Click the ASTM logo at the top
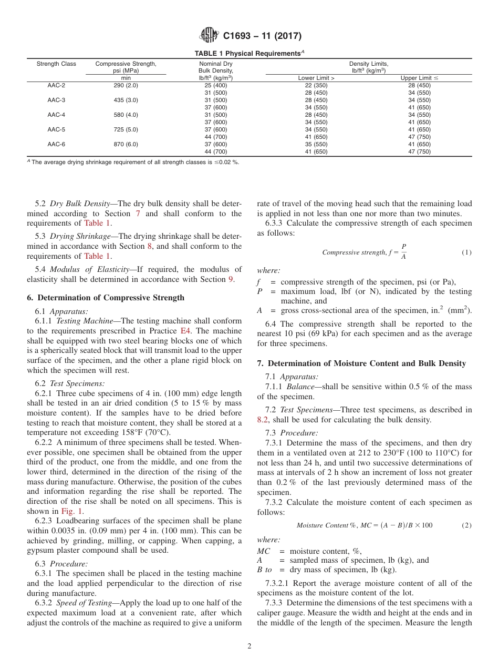210,36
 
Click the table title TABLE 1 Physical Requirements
249,53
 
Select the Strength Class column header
56,64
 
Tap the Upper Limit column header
419,78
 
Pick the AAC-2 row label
56,85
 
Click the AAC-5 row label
56,129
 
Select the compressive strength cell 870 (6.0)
126,144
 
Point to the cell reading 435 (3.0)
126,100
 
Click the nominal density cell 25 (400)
215,85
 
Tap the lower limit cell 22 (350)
316,85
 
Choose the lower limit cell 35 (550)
316,144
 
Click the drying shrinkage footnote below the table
134,162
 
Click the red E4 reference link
186,331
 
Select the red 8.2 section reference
263,420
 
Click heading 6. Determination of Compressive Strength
106,298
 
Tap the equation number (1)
466,252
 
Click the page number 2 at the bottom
250,646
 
